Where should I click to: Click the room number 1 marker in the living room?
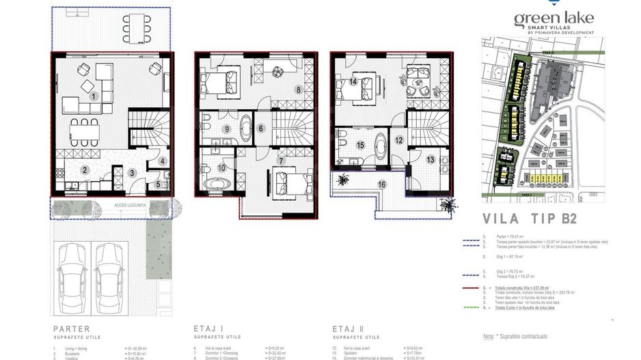pos(94,97)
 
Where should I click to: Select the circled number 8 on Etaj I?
pos(297,89)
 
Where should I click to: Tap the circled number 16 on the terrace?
pos(382,184)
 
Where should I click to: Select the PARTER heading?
pos(72,327)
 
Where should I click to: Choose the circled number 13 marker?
pos(430,159)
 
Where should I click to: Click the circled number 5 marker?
pos(157,183)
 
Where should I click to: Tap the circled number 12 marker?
pos(398,140)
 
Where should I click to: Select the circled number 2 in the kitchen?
pos(85,170)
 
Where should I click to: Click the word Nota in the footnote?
pos(488,336)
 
